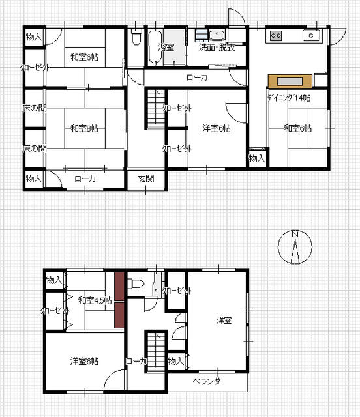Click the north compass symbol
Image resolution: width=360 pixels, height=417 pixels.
(x=295, y=247)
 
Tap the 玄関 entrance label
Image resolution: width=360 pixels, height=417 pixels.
(x=146, y=179)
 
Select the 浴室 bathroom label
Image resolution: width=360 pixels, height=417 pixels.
(x=166, y=48)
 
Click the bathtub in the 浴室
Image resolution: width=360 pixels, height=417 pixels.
(x=155, y=48)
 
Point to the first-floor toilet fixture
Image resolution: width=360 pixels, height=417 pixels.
(x=136, y=36)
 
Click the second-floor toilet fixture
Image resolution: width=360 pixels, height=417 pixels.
(x=136, y=283)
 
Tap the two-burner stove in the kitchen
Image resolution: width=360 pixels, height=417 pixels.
(x=276, y=36)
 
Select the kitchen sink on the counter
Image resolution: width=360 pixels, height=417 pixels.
(x=311, y=36)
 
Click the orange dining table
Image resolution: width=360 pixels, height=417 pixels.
(x=290, y=81)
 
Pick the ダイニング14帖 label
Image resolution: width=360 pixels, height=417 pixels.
(x=289, y=98)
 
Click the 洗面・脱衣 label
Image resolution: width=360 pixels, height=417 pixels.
(x=217, y=48)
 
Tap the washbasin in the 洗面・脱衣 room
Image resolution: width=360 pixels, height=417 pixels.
(x=217, y=36)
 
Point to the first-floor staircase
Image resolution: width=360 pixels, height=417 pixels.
(x=156, y=109)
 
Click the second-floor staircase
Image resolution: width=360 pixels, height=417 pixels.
(x=156, y=351)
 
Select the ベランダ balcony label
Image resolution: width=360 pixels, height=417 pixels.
(x=207, y=382)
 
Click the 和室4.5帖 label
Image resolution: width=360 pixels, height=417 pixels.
(x=95, y=301)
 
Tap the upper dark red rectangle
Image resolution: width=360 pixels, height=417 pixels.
(x=119, y=286)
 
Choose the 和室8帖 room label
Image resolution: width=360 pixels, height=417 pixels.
(x=84, y=129)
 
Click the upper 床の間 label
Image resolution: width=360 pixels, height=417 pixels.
(x=35, y=108)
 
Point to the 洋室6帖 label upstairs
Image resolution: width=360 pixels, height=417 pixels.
(x=84, y=361)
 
